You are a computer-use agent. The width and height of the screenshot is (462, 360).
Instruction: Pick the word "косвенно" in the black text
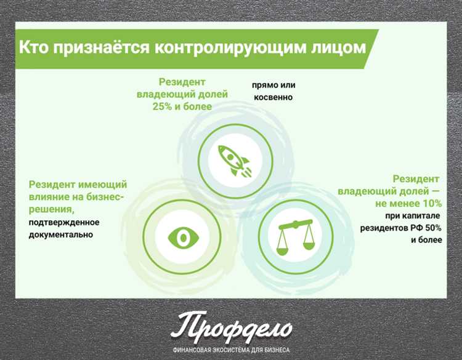(271, 97)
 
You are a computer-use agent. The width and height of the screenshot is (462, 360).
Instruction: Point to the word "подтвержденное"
(64, 222)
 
